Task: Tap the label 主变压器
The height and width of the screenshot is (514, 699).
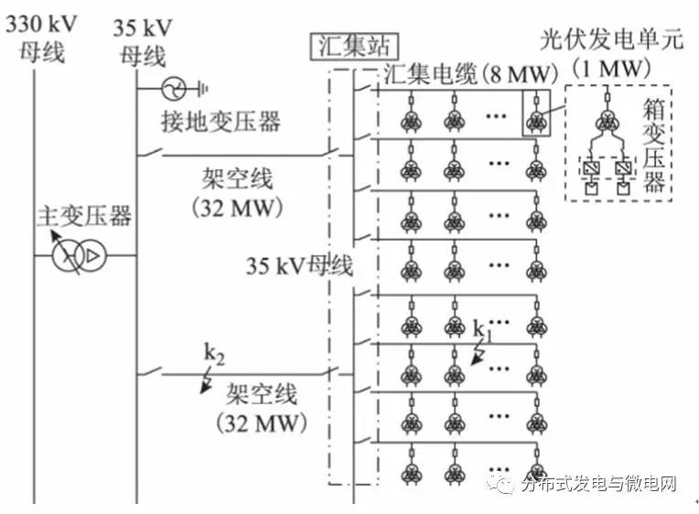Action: (83, 216)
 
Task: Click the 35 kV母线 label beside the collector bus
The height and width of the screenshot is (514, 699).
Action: (299, 267)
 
